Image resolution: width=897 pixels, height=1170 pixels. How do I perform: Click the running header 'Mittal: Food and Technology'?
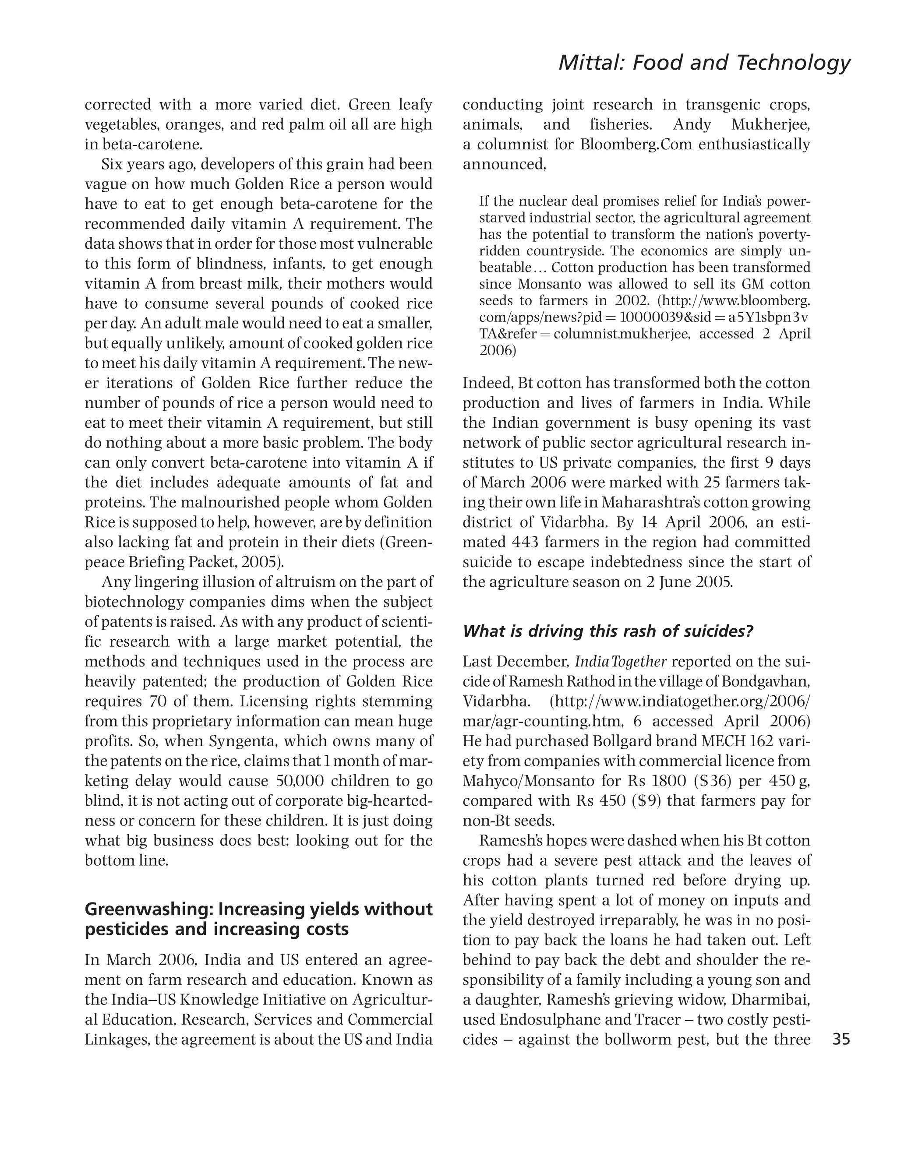[x=704, y=63]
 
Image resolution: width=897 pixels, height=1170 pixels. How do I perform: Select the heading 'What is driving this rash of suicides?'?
[x=607, y=631]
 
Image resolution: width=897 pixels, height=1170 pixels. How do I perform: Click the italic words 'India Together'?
[x=621, y=662]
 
